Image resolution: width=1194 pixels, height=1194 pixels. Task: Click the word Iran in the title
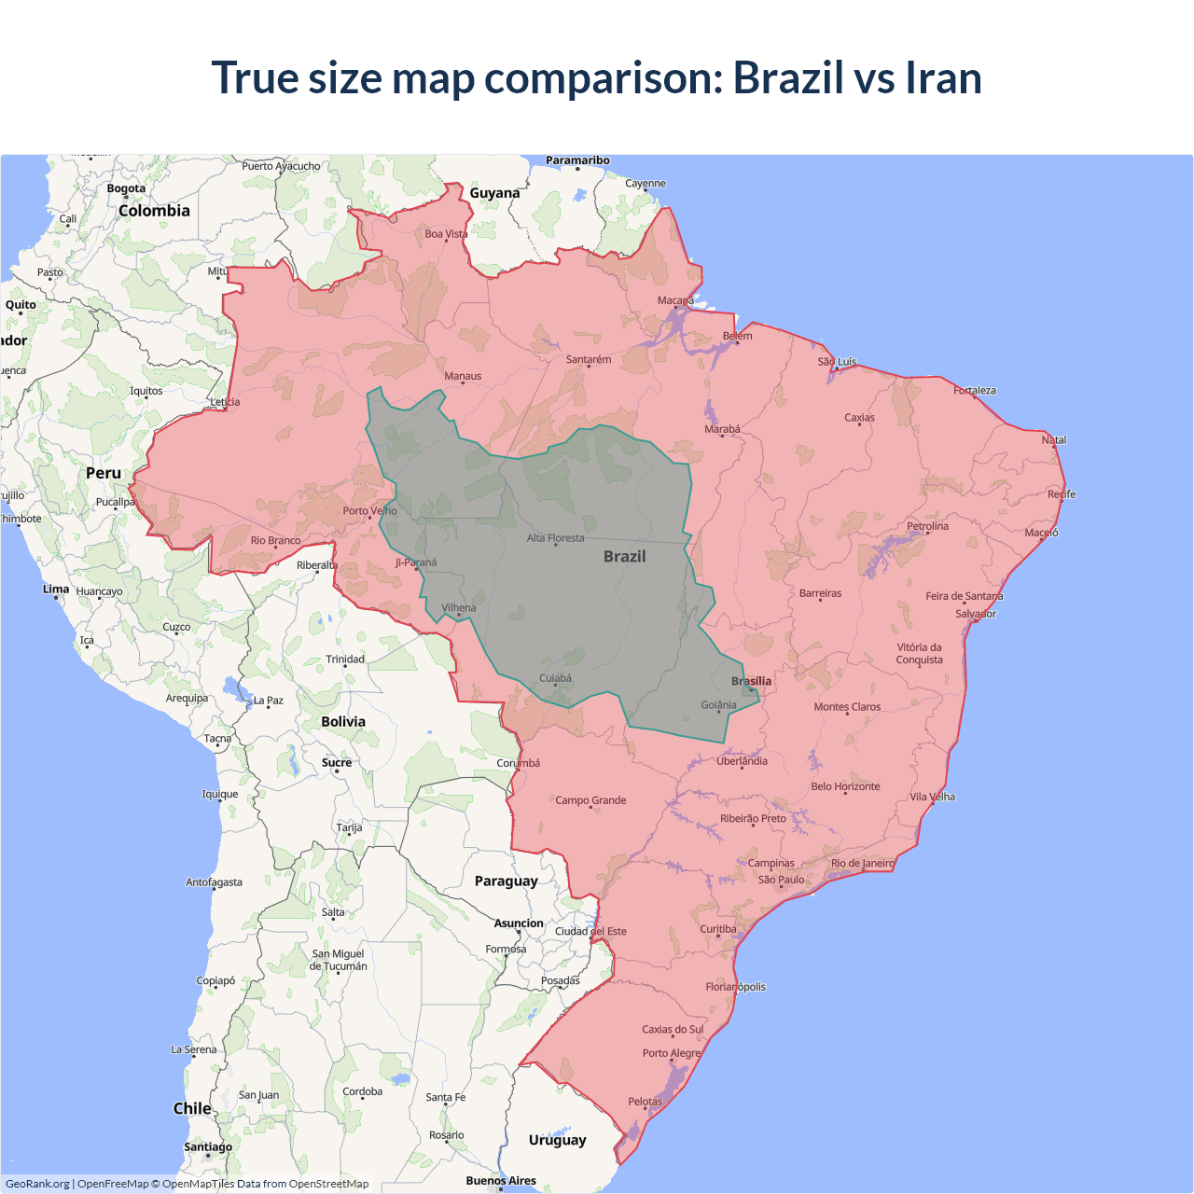click(x=943, y=77)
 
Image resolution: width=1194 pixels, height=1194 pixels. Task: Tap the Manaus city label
click(x=463, y=376)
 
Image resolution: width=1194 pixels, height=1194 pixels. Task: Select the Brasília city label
click(x=751, y=681)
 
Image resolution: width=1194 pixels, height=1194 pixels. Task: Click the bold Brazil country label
click(x=624, y=556)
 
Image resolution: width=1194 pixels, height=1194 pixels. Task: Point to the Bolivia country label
click(x=343, y=721)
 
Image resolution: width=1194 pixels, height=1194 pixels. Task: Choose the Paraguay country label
click(x=506, y=881)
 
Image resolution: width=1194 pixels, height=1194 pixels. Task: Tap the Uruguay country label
click(x=557, y=1140)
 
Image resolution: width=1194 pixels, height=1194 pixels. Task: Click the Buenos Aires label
click(x=501, y=1180)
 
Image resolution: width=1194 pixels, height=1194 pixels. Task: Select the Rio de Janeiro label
click(x=862, y=863)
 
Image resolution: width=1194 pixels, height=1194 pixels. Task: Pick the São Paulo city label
click(x=781, y=880)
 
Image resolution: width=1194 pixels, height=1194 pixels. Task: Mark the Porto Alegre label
click(x=671, y=1053)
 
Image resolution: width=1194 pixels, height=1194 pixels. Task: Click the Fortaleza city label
click(x=974, y=390)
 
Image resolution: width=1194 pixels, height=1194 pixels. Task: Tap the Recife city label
click(x=1061, y=494)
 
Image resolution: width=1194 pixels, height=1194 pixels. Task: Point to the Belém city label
click(x=737, y=336)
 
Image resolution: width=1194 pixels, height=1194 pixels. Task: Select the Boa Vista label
click(x=446, y=234)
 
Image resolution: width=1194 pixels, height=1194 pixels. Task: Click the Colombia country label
click(x=154, y=211)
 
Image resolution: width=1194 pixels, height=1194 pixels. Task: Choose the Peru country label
click(x=104, y=473)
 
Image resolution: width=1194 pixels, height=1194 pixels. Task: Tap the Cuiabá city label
click(x=555, y=678)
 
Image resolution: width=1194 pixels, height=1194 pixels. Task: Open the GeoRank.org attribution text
click(x=37, y=1184)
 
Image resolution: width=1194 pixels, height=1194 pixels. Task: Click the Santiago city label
click(x=208, y=1146)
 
